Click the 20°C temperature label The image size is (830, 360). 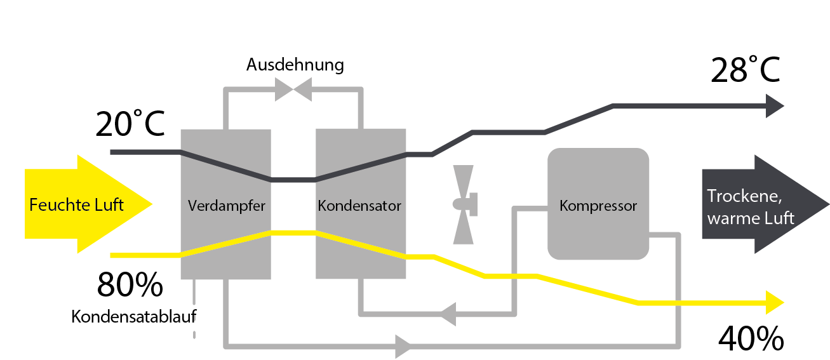[130, 125]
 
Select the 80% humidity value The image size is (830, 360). [130, 286]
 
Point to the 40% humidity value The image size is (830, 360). [751, 339]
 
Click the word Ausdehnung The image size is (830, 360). [295, 65]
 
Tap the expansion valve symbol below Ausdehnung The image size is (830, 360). [293, 90]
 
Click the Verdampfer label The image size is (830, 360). [226, 206]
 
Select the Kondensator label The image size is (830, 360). [359, 206]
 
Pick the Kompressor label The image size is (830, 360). [598, 206]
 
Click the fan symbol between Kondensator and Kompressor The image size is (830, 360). [464, 204]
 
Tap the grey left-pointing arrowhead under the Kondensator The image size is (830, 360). [449, 312]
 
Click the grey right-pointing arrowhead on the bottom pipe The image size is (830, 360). [403, 347]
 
